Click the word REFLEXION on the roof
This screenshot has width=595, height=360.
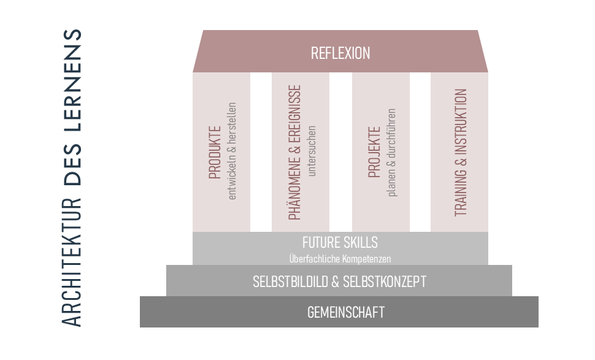point(340,53)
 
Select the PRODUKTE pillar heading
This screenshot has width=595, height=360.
point(215,152)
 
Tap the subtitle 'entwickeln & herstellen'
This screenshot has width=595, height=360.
point(232,151)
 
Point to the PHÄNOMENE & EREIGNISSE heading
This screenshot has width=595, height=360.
point(294,152)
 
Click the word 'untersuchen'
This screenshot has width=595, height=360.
point(312,151)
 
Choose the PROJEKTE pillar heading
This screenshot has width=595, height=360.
point(374,152)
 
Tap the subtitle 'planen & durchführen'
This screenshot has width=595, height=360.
point(391,153)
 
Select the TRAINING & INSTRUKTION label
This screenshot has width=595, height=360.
point(461,153)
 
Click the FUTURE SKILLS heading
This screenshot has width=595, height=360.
point(340,242)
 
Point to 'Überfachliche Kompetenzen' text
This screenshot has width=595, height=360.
point(340,259)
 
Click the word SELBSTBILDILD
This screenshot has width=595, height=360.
point(290,282)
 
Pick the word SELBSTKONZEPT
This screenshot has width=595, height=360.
point(385,282)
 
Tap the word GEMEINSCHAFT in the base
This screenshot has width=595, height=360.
point(346,313)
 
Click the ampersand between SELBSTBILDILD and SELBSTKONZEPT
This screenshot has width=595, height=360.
point(335,282)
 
